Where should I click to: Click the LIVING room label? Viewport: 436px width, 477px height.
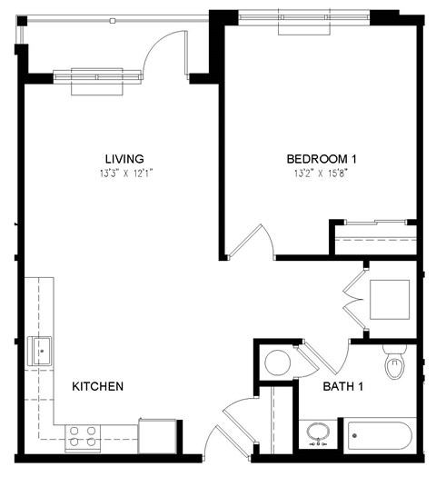click(124, 159)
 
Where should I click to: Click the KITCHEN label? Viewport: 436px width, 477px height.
click(97, 386)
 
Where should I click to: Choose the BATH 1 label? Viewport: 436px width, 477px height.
click(343, 386)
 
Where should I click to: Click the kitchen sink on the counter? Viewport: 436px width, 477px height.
click(40, 350)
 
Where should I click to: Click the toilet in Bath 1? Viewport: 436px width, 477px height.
click(395, 363)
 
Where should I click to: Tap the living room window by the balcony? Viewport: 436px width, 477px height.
click(98, 77)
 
